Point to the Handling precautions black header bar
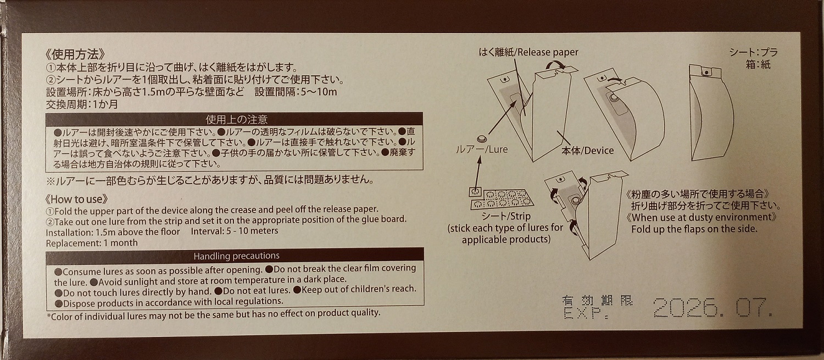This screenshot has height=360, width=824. (236, 256)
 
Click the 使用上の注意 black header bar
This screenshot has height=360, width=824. (236, 119)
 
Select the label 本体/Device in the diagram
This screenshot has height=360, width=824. (587, 150)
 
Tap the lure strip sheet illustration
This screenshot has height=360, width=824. (503, 196)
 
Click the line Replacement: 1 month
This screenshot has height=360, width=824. (91, 242)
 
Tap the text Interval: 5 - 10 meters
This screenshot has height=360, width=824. (235, 231)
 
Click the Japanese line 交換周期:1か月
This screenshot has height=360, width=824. (82, 103)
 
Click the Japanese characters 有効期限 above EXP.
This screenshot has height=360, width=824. (597, 301)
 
